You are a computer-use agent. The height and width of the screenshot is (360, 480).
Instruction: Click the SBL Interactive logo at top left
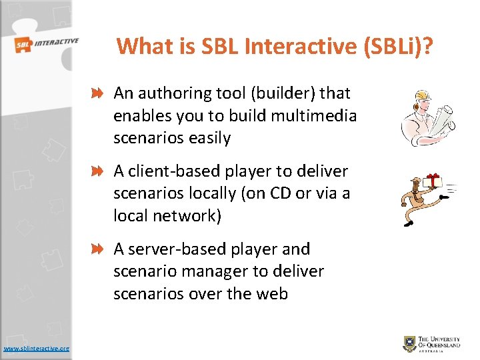[46, 45]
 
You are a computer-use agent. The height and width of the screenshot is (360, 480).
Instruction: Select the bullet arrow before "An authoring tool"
[97, 94]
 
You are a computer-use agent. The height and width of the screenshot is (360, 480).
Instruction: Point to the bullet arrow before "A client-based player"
[97, 172]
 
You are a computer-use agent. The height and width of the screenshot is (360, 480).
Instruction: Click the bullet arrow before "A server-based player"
[97, 249]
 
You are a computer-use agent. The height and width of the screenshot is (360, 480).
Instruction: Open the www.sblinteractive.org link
[37, 348]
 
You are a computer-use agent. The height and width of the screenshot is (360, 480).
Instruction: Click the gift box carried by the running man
[434, 179]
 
